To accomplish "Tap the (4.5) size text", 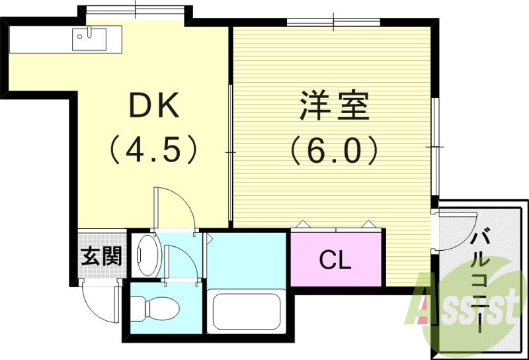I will tap(153, 150).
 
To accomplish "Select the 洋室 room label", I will tap(334, 106).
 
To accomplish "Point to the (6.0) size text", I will tap(334, 150).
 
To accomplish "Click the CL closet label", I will tap(335, 260).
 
